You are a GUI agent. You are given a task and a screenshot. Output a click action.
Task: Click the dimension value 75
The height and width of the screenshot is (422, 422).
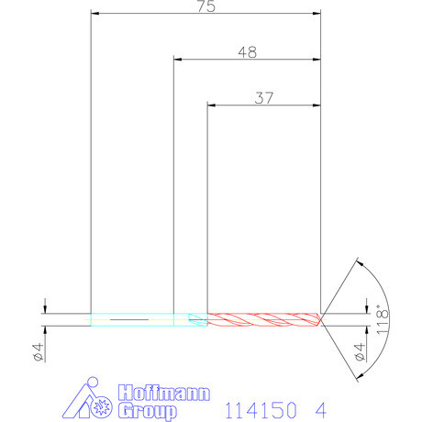click(x=206, y=7)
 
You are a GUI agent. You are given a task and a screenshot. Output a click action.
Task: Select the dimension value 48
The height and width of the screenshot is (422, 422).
click(x=246, y=52)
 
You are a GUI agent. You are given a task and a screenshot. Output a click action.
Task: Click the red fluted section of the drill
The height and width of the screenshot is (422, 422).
click(x=261, y=319)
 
